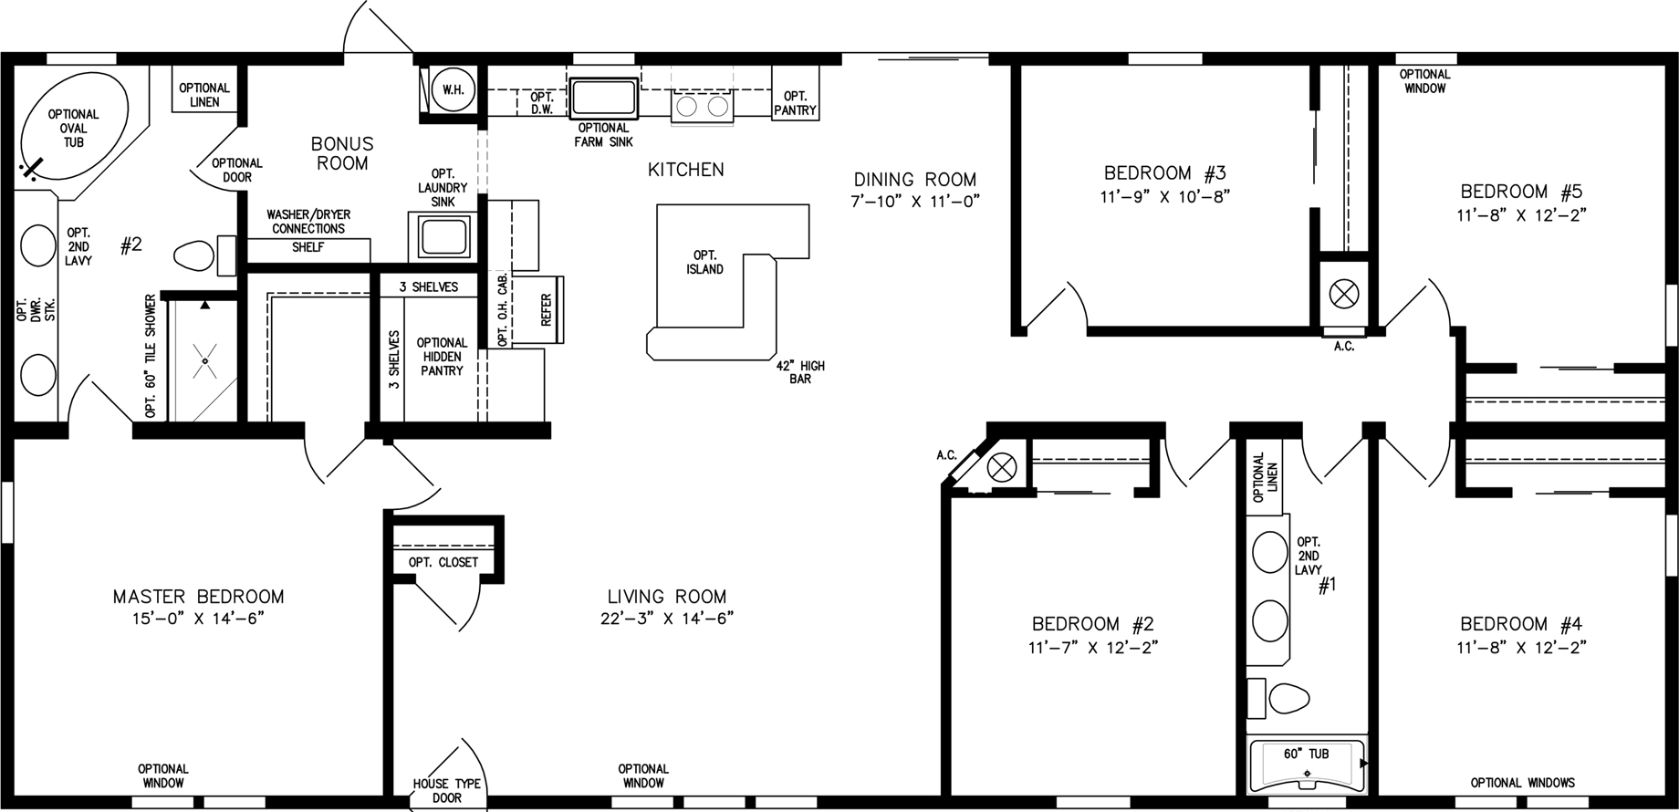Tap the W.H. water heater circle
click(452, 89)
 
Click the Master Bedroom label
click(198, 597)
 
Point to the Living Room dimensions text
click(666, 619)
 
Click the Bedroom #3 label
click(1164, 172)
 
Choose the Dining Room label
click(915, 180)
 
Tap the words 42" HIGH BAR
click(800, 371)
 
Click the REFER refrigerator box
click(547, 309)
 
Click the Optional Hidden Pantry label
click(442, 357)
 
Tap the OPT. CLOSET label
click(443, 562)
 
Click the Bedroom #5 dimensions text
click(1522, 215)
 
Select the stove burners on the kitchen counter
click(701, 107)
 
